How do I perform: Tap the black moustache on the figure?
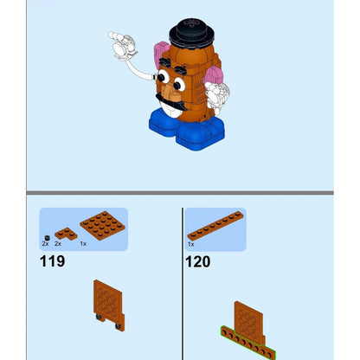tap(170, 102)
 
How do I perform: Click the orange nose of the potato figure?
tap(170, 92)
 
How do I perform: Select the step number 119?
tap(52, 261)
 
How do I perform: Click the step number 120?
tap(198, 261)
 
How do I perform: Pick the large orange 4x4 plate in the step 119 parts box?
tap(102, 225)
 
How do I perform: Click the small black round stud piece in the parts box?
tap(48, 238)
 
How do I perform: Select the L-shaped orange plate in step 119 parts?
tap(66, 234)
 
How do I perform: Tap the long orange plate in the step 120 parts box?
tap(215, 226)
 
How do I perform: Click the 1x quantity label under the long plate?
tap(191, 244)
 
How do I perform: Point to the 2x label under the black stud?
tap(45, 244)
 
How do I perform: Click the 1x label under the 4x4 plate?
tap(83, 244)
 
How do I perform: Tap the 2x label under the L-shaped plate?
tap(58, 244)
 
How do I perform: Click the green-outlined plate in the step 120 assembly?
tap(248, 343)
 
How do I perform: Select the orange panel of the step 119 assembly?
tap(108, 301)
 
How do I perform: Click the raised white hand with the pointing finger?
tap(122, 45)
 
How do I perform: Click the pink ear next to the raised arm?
tap(162, 53)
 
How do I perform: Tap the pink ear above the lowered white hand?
tap(214, 75)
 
